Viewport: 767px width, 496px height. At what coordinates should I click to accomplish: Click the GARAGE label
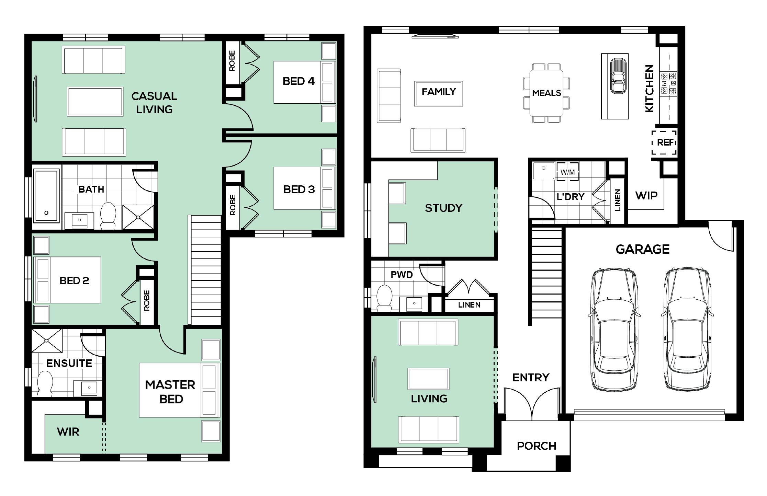642,249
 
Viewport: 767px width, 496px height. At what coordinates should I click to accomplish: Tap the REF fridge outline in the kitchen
664,142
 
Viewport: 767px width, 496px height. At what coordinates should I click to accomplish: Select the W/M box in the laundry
567,171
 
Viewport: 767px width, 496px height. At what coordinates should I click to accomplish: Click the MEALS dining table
546,93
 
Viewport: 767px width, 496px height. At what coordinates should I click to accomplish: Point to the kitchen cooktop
668,83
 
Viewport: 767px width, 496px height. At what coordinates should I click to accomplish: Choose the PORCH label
537,446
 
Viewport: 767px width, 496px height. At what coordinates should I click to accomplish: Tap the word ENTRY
531,378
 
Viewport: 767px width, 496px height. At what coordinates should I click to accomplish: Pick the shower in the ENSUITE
47,341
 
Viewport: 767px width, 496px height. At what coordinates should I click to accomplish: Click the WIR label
68,431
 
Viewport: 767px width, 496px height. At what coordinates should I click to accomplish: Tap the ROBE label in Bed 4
232,61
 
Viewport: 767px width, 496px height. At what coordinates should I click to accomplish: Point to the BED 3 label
299,189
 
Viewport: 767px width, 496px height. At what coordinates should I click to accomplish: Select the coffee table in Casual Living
95,102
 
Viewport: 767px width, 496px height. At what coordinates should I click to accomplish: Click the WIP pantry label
646,196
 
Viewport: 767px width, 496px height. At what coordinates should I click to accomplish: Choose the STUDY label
443,208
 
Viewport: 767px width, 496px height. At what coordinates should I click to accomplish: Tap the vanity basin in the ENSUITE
89,388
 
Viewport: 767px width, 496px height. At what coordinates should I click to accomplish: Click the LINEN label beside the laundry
618,200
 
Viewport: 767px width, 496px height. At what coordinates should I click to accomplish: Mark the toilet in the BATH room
108,216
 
